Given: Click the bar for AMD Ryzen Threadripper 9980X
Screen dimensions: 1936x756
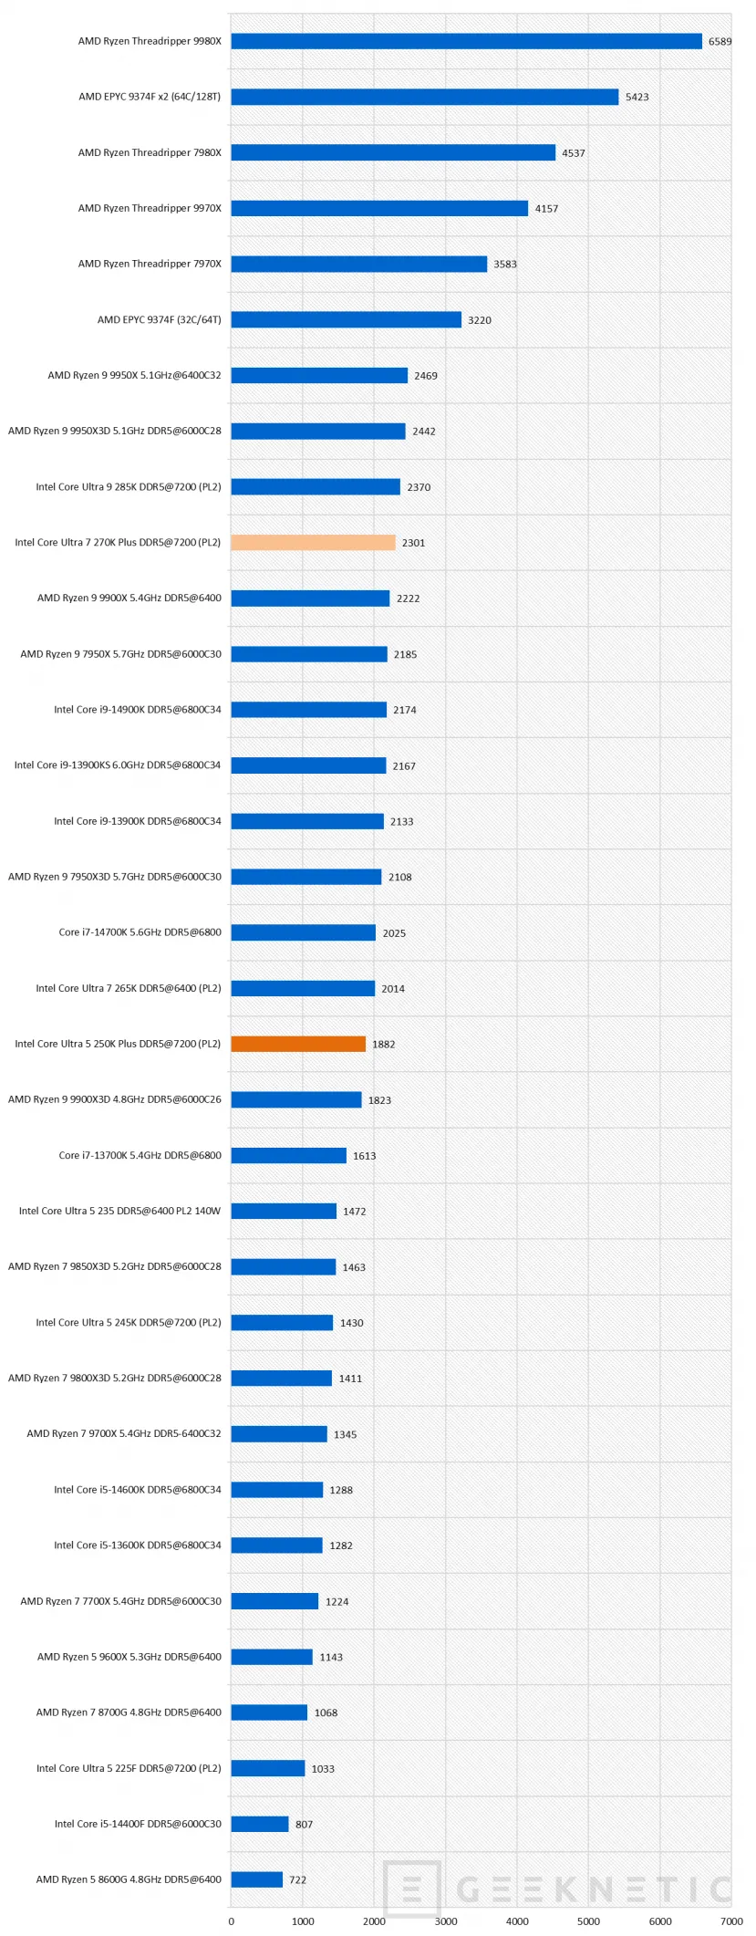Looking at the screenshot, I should point(466,41).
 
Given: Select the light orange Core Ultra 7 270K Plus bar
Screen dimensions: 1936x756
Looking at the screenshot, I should point(313,542).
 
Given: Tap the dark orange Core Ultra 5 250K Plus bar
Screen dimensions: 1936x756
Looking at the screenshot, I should point(298,1044).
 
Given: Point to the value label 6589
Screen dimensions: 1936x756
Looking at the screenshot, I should point(720,42).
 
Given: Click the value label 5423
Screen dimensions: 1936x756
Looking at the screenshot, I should point(637,98).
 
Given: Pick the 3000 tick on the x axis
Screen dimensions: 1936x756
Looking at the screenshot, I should point(446,1920).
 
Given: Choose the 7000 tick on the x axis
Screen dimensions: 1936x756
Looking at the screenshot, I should point(731,1920).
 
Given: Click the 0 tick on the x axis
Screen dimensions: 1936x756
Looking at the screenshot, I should point(232,1920).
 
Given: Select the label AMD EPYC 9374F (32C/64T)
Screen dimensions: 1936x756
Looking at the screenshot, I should point(160,319).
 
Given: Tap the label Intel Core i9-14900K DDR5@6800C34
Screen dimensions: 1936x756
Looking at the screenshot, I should point(137,709).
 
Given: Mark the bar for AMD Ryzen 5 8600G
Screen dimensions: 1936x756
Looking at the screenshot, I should point(256,1879).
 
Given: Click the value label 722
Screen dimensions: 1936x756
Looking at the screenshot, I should point(297,1880).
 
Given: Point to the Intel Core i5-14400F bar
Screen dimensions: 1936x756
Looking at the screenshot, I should point(259,1824).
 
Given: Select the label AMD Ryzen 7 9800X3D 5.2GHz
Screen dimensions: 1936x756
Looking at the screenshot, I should point(115,1378).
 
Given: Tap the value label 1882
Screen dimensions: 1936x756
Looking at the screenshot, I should point(383,1045).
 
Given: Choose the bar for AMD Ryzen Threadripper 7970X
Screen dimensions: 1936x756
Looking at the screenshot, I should point(358,264).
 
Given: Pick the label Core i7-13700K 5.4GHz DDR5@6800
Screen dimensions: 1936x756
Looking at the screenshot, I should point(140,1155).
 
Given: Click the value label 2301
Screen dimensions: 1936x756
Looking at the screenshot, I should point(413,543).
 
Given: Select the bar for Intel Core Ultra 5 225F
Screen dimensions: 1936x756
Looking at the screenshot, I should point(267,1768).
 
